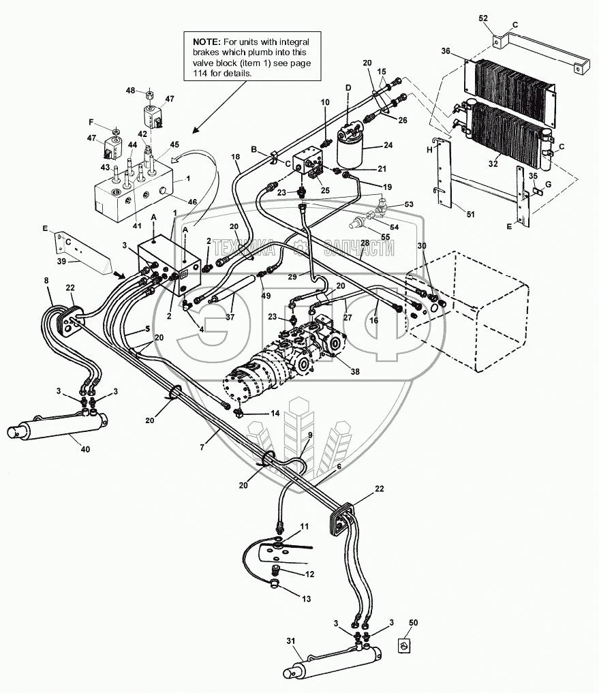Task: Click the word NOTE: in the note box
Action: [x=206, y=42]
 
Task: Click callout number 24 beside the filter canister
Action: [x=388, y=145]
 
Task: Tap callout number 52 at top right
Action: [x=483, y=18]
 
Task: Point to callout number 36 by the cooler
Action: [x=446, y=51]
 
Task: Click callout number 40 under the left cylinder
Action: [x=85, y=449]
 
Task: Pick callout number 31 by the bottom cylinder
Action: [x=290, y=641]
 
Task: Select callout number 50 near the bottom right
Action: [x=413, y=623]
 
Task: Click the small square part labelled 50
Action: [x=405, y=646]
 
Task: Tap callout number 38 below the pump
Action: [x=355, y=371]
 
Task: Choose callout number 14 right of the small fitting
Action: [x=275, y=413]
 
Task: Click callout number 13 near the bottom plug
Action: [x=307, y=599]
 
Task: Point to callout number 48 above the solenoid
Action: [x=130, y=91]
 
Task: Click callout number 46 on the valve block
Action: [x=192, y=202]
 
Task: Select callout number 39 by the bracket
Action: [x=61, y=261]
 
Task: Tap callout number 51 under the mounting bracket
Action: [x=470, y=215]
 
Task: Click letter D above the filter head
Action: [x=348, y=88]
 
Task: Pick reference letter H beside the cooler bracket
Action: [x=429, y=150]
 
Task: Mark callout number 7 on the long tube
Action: [x=202, y=447]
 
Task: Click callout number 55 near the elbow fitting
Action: [x=385, y=237]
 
